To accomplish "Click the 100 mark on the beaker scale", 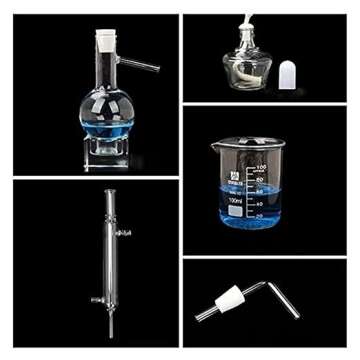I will tap(261, 166).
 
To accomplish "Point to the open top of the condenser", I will tap(108, 194).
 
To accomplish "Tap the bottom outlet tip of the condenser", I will tap(109, 334).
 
